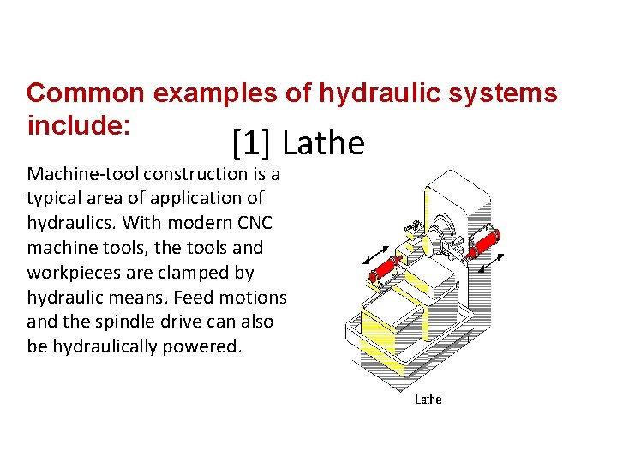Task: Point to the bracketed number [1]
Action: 251,143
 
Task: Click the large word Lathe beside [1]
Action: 323,143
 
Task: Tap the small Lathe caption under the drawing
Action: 428,399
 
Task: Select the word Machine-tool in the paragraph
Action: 83,174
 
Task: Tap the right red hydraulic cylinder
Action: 482,242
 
